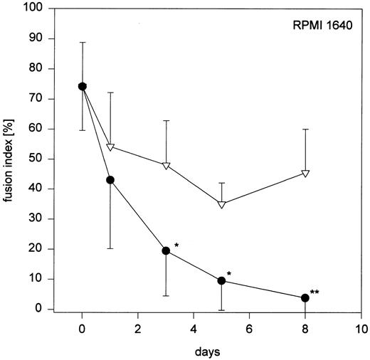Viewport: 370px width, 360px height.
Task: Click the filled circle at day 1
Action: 110,180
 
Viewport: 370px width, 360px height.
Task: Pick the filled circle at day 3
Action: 166,250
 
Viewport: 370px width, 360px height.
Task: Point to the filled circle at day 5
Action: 221,280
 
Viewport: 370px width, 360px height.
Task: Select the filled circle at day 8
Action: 305,297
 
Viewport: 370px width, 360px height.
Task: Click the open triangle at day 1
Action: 110,147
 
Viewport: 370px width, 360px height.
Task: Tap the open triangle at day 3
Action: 166,165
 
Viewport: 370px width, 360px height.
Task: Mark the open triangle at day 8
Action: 305,173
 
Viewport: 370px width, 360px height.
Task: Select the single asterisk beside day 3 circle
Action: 176,246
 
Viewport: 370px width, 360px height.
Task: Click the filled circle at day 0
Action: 83,86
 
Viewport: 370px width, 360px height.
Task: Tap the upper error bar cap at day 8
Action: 305,129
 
